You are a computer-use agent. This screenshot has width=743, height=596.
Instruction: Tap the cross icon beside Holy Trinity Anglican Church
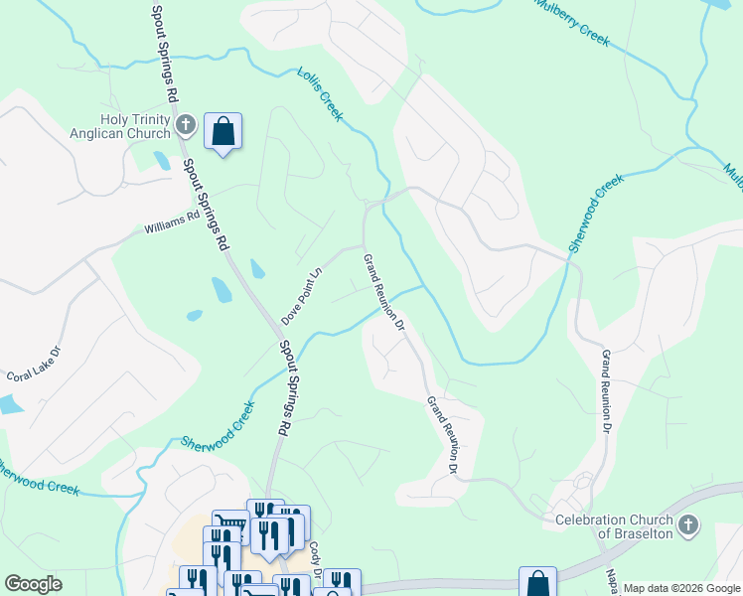(186, 125)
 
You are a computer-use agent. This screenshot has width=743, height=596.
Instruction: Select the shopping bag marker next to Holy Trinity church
(223, 131)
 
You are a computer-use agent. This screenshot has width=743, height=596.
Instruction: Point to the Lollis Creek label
(320, 94)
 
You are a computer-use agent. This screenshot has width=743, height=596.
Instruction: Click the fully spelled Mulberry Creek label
(571, 22)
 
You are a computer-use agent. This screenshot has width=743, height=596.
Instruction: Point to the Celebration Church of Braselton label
(613, 526)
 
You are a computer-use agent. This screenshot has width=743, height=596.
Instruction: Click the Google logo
(33, 584)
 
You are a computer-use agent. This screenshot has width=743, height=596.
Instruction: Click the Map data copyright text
(681, 588)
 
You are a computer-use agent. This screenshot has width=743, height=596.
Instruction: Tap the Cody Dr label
(315, 557)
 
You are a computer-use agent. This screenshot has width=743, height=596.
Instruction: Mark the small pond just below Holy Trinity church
(161, 159)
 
